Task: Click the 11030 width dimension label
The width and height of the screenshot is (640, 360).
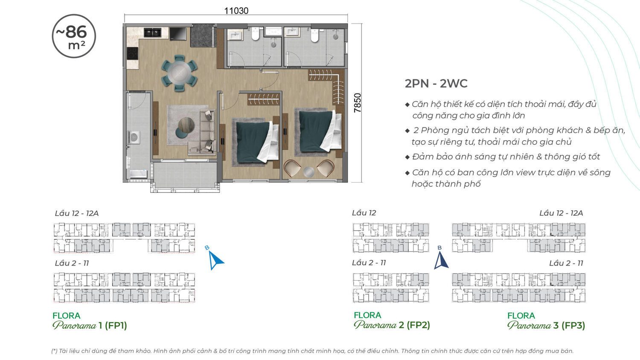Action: (x=236, y=11)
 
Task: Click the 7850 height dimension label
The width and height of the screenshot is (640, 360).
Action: (x=358, y=103)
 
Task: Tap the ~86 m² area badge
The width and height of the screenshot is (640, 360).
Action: (x=74, y=36)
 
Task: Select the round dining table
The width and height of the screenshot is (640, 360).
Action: (x=179, y=73)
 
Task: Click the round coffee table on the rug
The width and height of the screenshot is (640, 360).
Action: (x=186, y=125)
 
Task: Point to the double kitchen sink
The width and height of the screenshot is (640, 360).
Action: (x=152, y=32)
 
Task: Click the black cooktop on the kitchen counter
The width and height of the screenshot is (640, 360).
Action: (x=132, y=53)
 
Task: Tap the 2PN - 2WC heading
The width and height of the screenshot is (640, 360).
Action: (x=436, y=84)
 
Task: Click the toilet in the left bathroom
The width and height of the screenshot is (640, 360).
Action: (x=256, y=34)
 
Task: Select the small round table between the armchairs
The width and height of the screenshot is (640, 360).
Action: (x=309, y=172)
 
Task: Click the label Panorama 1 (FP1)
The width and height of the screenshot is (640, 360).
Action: (x=90, y=325)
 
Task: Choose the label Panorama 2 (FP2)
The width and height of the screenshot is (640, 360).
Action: (x=392, y=325)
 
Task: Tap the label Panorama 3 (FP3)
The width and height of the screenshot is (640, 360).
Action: (x=546, y=325)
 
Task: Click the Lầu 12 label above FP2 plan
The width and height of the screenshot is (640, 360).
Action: (x=364, y=213)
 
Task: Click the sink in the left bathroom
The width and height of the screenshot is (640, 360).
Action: (x=235, y=35)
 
